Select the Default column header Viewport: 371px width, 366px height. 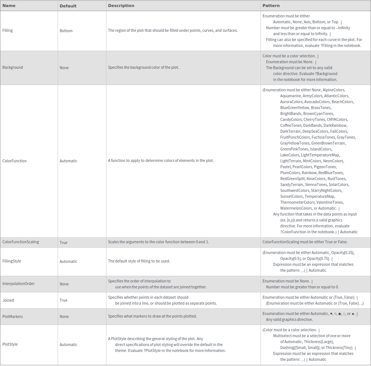(68, 6)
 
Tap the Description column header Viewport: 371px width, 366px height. (121, 6)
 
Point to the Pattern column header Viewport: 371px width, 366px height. (271, 6)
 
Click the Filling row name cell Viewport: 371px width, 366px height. (7, 30)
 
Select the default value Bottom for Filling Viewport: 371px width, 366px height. (66, 31)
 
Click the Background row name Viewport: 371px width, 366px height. (13, 67)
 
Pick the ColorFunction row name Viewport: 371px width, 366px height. (14, 161)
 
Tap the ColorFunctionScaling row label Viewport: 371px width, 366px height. (21, 242)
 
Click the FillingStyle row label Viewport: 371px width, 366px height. (12, 261)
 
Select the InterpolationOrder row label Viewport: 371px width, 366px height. (18, 284)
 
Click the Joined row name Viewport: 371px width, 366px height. (8, 300)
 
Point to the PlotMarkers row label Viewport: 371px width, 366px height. (13, 316)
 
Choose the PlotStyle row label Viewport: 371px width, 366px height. (10, 344)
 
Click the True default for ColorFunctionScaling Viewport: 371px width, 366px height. (64, 243)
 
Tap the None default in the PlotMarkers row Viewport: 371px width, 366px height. (64, 316)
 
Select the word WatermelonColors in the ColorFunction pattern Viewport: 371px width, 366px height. (296, 208)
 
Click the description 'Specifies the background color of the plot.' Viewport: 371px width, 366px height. (143, 67)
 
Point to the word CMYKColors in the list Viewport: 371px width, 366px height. (337, 119)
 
